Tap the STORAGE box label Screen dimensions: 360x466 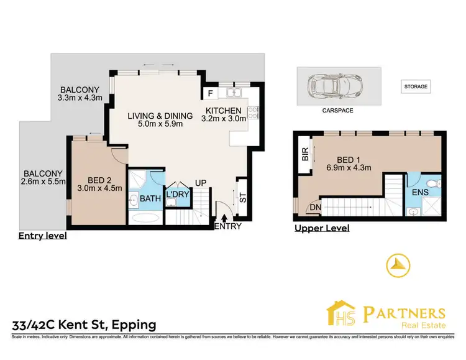(416, 86)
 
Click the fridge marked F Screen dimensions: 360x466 (210, 95)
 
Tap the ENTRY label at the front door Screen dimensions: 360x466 (227, 227)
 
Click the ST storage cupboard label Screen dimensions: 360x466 (243, 198)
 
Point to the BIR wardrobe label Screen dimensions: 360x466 (305, 154)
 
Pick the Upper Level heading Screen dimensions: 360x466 (322, 228)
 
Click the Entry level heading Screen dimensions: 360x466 (42, 236)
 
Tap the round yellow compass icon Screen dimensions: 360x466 (398, 265)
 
